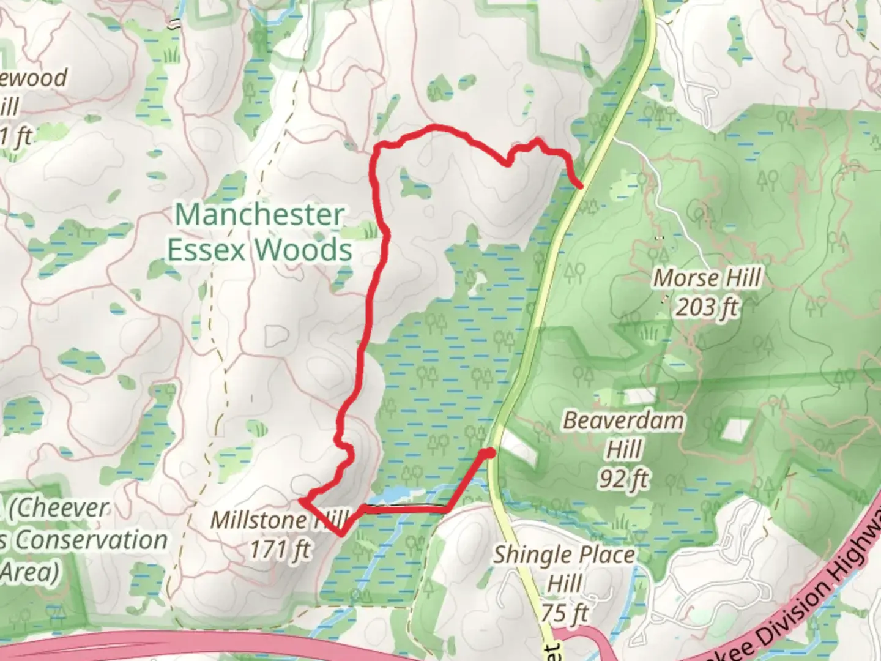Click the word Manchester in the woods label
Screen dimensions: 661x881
259,215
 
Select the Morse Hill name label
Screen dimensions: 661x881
708,278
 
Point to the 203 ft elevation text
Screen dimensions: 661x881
707,306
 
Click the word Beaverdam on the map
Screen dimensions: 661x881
623,421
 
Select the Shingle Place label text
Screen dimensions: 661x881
563,555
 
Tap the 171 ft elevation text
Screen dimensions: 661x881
279,549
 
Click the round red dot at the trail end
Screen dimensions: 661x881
488,453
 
